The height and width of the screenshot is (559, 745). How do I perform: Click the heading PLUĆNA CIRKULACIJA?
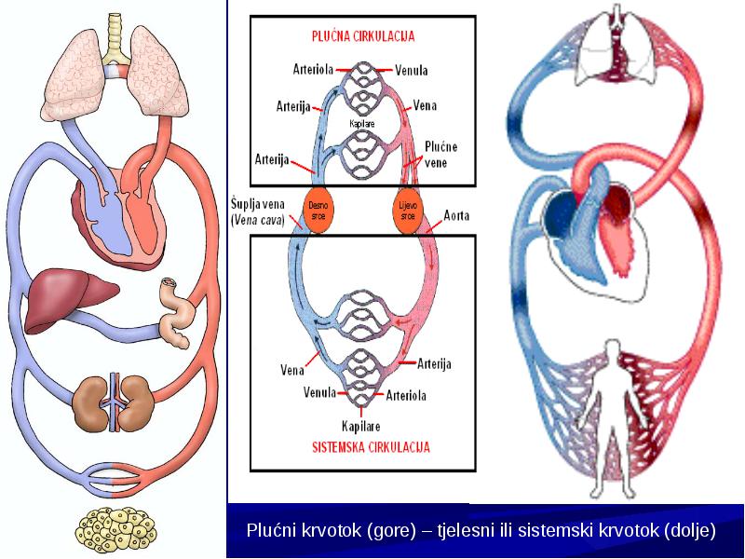pyautogui.click(x=363, y=36)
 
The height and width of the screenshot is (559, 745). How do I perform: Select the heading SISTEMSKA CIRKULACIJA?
pyautogui.click(x=371, y=447)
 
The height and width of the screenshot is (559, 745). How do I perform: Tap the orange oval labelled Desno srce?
pyautogui.click(x=318, y=211)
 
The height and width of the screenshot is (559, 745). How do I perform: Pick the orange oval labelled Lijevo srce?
pyautogui.click(x=408, y=211)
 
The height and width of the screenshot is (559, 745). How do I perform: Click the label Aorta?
pyautogui.click(x=456, y=216)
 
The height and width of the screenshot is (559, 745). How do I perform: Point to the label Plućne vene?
pyautogui.click(x=440, y=155)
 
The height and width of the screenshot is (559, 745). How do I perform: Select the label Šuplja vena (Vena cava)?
pyautogui.click(x=258, y=212)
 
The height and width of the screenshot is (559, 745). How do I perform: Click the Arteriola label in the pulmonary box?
pyautogui.click(x=313, y=70)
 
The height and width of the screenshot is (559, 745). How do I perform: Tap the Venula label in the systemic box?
pyautogui.click(x=319, y=392)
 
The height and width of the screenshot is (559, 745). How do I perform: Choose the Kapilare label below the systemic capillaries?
pyautogui.click(x=361, y=426)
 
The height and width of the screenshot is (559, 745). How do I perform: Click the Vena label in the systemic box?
pyautogui.click(x=292, y=369)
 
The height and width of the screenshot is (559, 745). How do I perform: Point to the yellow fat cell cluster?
pyautogui.click(x=115, y=528)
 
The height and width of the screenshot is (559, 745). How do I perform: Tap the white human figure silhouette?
pyautogui.click(x=611, y=418)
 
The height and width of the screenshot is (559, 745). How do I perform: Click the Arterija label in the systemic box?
pyautogui.click(x=434, y=364)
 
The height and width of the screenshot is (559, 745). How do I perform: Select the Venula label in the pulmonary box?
pyautogui.click(x=412, y=71)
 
